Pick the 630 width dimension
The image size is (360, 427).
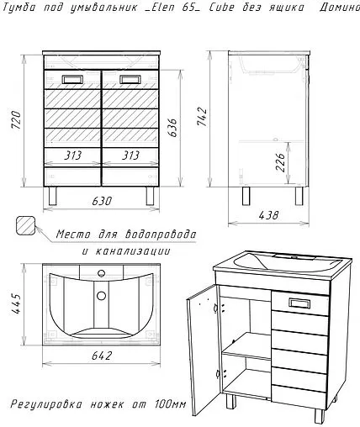coord(102,202)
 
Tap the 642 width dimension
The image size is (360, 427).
coord(102,356)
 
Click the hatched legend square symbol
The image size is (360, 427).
coord(26,224)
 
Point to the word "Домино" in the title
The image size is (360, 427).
coord(338,8)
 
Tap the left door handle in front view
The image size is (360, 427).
coord(72,80)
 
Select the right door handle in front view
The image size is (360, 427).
coord(129,80)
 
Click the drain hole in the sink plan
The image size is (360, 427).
coord(102,295)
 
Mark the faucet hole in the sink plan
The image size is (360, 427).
coord(102,272)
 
